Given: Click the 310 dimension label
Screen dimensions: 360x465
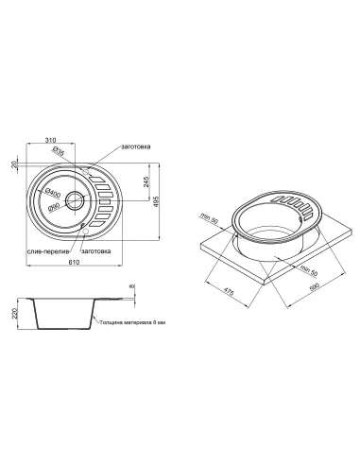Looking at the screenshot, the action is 50,140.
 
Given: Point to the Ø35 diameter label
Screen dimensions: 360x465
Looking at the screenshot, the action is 59,151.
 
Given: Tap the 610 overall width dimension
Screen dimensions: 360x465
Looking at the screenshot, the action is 74,262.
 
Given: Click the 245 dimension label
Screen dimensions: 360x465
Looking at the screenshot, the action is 146,181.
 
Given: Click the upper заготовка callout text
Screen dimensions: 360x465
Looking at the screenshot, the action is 136,146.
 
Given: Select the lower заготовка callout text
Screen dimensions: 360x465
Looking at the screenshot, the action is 96,251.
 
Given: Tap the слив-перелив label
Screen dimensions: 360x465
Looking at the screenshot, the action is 48,251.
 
